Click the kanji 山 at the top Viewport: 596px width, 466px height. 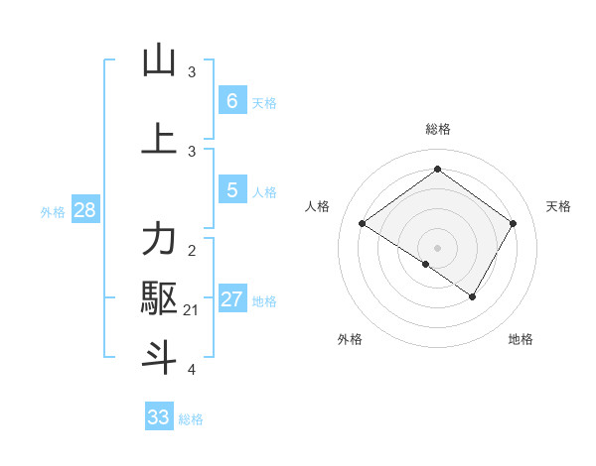(x=159, y=60)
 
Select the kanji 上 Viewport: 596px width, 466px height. (x=159, y=139)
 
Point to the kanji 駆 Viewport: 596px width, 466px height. (x=159, y=297)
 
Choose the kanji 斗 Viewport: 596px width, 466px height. (x=159, y=357)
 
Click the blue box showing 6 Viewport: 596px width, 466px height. (x=231, y=100)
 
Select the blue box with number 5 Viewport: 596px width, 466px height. (x=231, y=189)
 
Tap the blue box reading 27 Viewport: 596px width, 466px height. (x=231, y=299)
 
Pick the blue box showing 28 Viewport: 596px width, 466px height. (x=84, y=210)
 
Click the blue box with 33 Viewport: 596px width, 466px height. (x=159, y=416)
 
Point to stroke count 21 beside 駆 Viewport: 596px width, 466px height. (x=191, y=310)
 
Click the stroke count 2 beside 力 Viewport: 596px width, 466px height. (x=192, y=250)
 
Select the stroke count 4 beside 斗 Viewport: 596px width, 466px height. (x=192, y=370)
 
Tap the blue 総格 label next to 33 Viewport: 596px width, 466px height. (x=191, y=419)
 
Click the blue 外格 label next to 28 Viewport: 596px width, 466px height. (x=53, y=211)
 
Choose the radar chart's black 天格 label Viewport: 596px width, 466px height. (x=558, y=206)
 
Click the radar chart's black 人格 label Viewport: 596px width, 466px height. (x=317, y=206)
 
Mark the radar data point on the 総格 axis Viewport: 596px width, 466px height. (x=437, y=169)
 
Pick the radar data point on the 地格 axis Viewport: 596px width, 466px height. (x=473, y=296)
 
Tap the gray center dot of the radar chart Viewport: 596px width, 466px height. (x=437, y=247)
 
